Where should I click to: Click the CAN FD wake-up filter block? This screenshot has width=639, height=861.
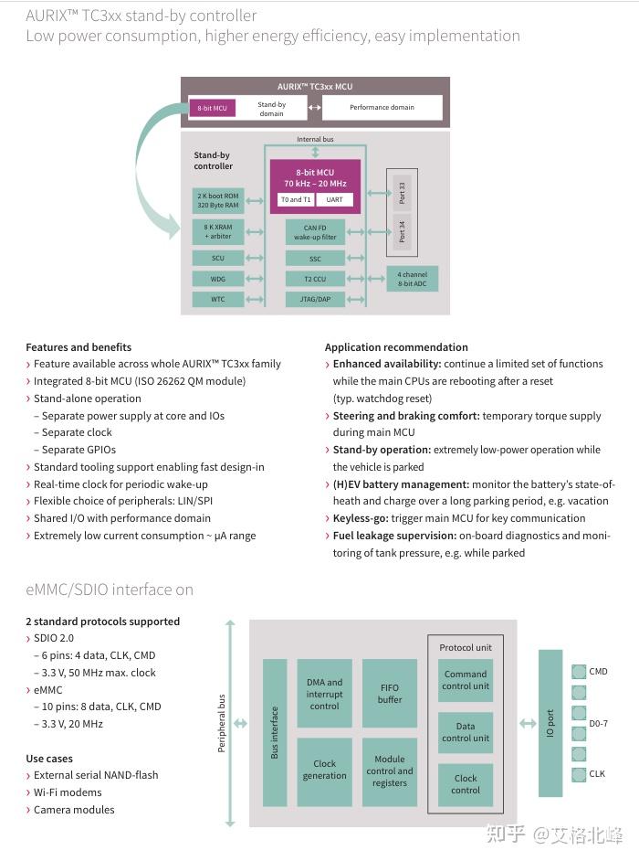pos(315,232)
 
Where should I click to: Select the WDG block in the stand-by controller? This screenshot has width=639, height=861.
pos(218,279)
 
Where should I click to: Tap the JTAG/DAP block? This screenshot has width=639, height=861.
pos(315,299)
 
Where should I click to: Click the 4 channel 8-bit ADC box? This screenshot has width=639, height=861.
pos(412,279)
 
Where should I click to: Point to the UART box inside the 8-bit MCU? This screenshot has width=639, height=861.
pos(334,200)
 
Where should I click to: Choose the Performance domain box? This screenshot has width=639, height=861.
pos(382,108)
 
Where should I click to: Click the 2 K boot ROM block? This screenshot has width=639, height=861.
pos(218,200)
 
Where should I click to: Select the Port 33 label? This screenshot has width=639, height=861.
pos(402,193)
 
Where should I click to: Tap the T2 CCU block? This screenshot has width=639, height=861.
pos(315,279)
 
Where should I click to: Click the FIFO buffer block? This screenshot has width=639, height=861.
pos(390,694)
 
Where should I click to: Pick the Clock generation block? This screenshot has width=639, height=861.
pos(324,770)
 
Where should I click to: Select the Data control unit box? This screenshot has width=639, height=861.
pos(466,732)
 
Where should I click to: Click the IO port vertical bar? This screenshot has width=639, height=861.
pos(550,723)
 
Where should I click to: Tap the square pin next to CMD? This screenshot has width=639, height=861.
pos(579,672)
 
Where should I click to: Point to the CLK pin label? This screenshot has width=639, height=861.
pos(597,774)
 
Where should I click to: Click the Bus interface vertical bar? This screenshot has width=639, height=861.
pos(275,732)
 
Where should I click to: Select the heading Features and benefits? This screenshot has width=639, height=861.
pos(79,347)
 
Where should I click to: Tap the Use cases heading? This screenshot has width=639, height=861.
pos(49,759)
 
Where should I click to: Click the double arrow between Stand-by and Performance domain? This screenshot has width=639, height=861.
pos(314,108)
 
